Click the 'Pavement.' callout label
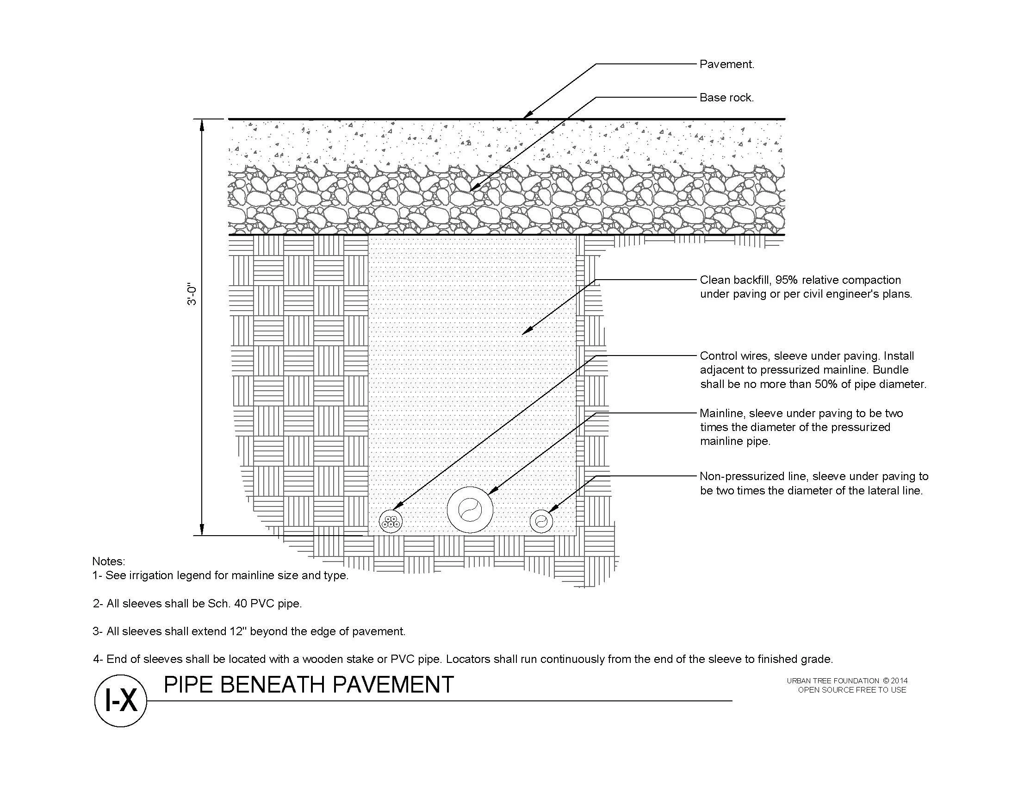[x=726, y=64]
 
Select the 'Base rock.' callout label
[x=726, y=97]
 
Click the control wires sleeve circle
[x=391, y=522]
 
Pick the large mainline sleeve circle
[x=469, y=510]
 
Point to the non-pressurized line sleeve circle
[x=541, y=522]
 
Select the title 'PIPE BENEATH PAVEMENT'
[x=309, y=685]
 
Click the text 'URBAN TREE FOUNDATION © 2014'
[x=846, y=681]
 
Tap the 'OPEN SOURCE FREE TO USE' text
[x=851, y=690]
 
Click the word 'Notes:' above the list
[x=109, y=561]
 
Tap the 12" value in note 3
[x=238, y=631]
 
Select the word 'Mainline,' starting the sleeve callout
[x=722, y=413]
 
